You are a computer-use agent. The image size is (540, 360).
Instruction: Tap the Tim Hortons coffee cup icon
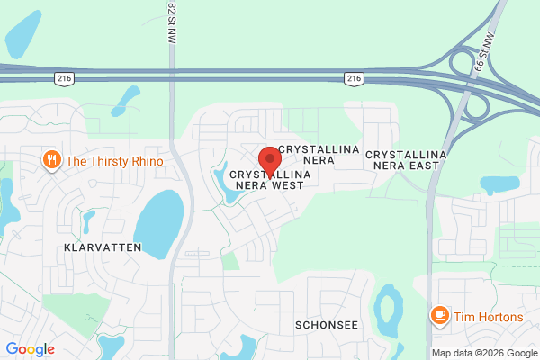[x=440, y=314]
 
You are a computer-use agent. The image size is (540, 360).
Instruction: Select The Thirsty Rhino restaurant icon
[x=52, y=161]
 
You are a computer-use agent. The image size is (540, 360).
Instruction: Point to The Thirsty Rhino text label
[x=114, y=161]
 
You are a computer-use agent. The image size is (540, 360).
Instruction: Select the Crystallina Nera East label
[x=407, y=161]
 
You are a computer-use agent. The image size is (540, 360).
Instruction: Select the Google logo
[x=30, y=349]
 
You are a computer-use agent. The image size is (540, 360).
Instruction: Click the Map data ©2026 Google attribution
[x=483, y=352]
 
